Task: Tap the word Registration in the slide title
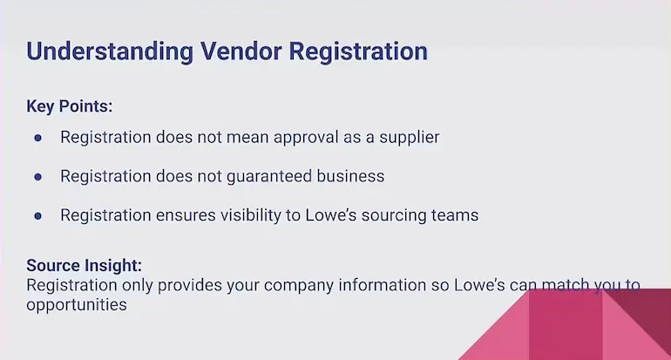pos(357,51)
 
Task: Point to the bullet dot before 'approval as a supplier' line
pos(37,138)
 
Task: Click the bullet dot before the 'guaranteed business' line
pos(37,176)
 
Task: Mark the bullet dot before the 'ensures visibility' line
pos(37,214)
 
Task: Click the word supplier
pos(410,138)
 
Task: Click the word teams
pos(456,214)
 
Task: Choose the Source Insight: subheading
pos(84,266)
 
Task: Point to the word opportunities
pos(77,305)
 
